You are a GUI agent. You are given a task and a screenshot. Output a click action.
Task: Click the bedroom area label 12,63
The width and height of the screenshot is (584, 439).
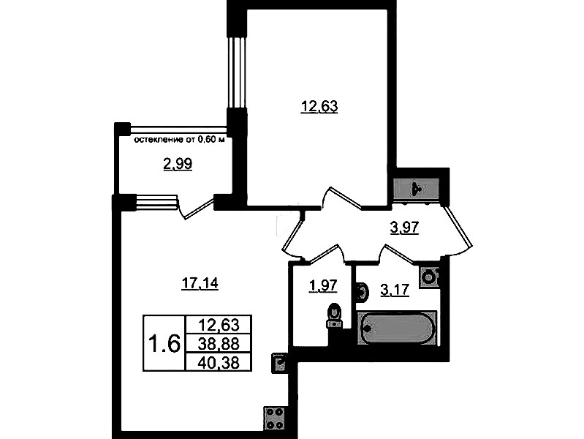[319, 107]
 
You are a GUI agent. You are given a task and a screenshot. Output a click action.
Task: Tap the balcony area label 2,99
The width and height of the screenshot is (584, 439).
[178, 164]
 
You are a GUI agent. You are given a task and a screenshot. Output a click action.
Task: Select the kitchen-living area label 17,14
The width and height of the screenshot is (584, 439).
[200, 284]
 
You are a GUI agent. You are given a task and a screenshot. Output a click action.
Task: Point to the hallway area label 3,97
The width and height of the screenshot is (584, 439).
[405, 228]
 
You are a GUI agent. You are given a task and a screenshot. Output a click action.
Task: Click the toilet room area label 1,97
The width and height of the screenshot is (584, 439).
[322, 287]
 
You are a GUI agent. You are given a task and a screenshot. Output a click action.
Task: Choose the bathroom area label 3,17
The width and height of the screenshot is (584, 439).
[395, 290]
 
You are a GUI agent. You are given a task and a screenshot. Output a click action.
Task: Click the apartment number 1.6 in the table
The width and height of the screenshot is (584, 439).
[164, 343]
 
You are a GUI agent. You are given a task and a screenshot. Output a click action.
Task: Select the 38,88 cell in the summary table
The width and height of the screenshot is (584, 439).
[219, 343]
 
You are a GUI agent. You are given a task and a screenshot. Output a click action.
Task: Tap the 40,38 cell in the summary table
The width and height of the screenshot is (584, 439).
[219, 361]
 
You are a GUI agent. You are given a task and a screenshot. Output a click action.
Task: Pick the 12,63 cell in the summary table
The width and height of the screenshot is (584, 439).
[219, 325]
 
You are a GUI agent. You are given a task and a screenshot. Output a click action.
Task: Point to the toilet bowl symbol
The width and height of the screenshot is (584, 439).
[334, 316]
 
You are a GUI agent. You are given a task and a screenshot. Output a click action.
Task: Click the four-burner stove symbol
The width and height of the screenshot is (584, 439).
[275, 419]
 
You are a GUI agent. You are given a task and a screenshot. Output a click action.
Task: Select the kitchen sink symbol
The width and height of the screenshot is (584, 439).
[279, 364]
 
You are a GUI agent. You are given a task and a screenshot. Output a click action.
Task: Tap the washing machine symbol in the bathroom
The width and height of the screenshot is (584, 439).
[430, 277]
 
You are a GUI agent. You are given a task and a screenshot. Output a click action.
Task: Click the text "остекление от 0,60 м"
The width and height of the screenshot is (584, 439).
[180, 140]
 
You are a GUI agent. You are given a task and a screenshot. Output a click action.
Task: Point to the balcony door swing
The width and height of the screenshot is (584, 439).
[197, 208]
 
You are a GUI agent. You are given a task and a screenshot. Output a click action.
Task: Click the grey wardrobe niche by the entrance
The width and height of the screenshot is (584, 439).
[417, 190]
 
